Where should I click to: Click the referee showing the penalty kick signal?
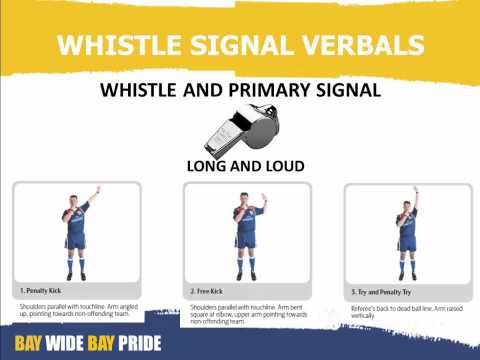pyautogui.click(x=78, y=235)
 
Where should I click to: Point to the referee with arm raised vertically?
pyautogui.click(x=405, y=235)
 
